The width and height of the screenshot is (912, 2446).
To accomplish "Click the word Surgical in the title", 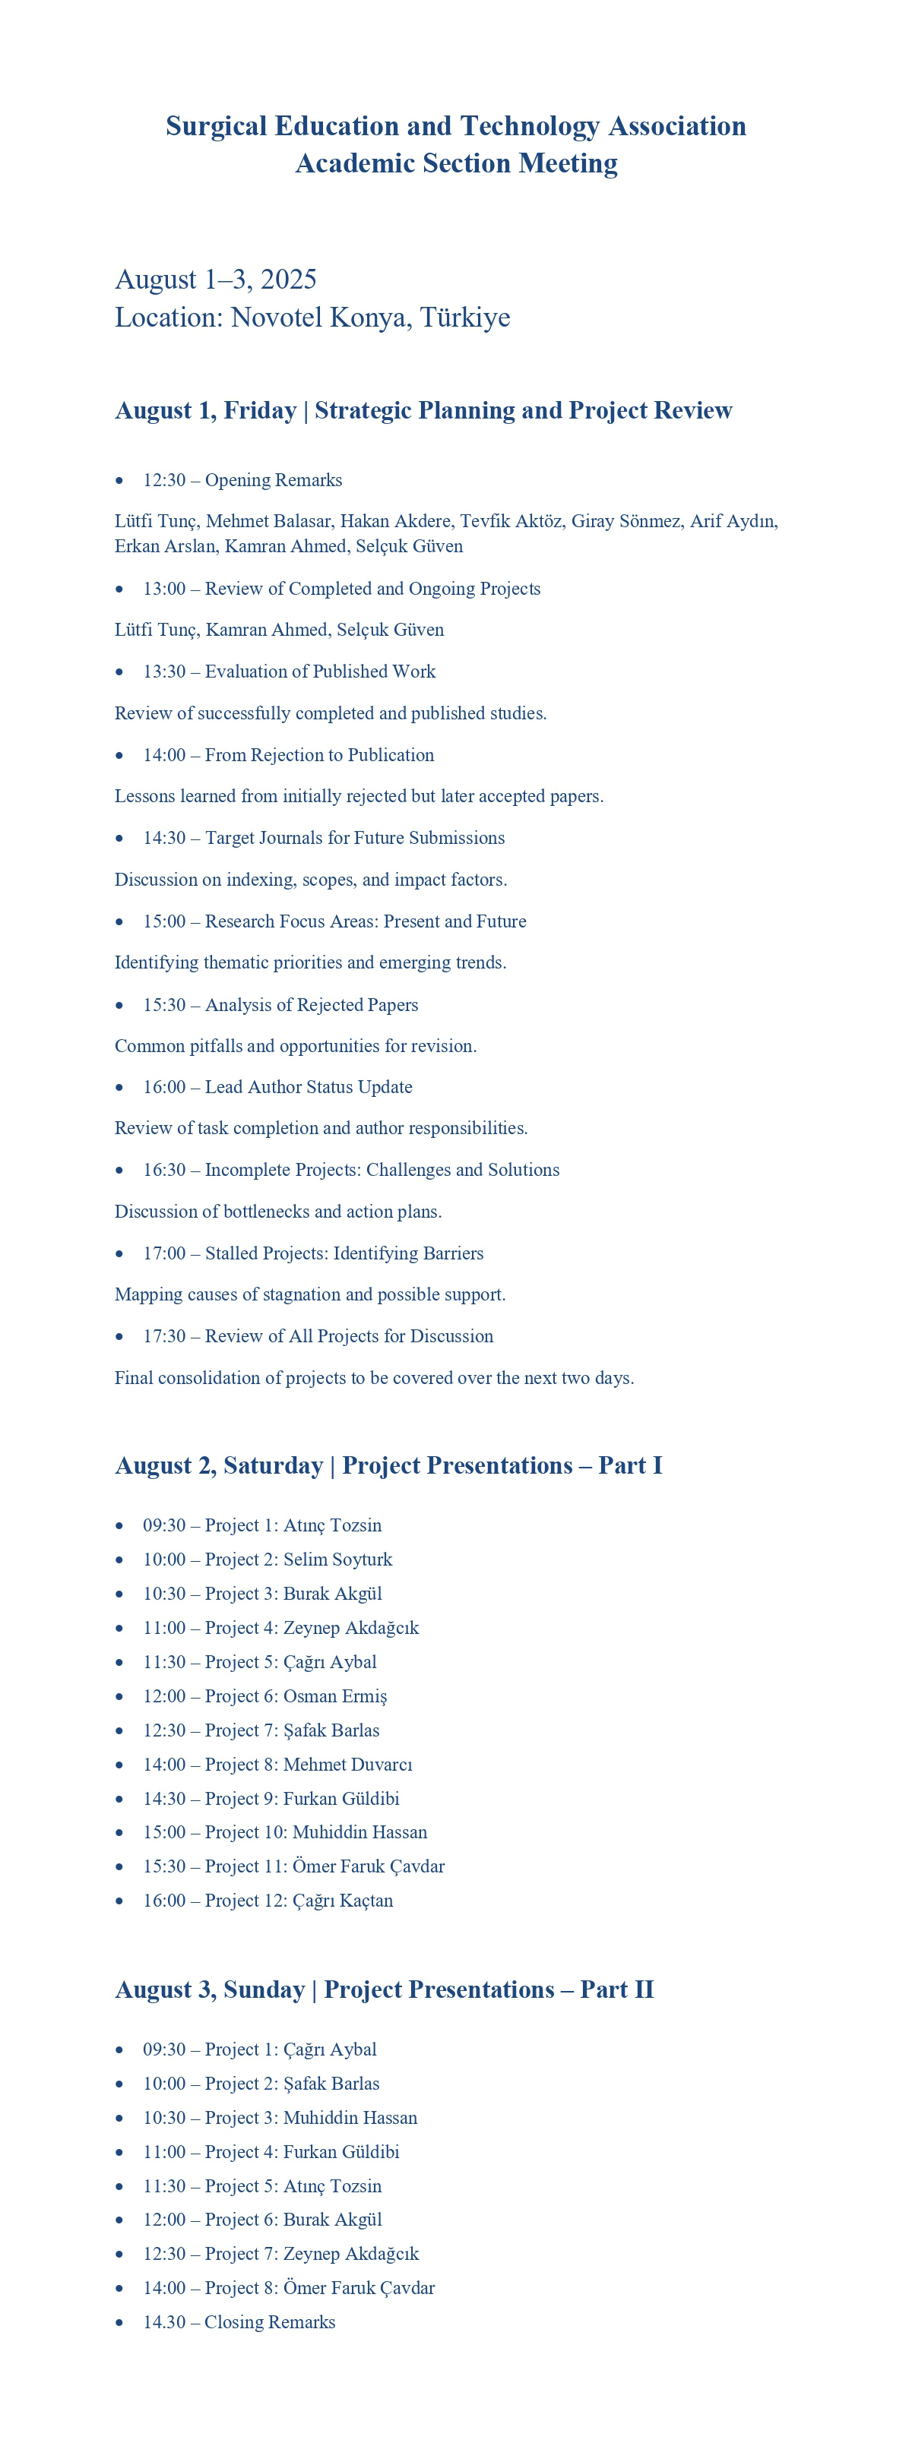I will pos(216,126).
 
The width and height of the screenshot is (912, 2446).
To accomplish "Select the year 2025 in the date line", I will pos(288,280).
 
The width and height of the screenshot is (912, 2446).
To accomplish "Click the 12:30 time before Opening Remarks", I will pos(164,480).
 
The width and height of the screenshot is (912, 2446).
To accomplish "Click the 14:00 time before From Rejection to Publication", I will pos(164,755).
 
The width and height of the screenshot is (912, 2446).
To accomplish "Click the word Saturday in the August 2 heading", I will pos(273,1465).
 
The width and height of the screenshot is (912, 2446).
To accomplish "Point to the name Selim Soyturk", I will pos(337,1559).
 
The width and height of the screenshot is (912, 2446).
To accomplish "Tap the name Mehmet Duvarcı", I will pos(348,1764).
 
